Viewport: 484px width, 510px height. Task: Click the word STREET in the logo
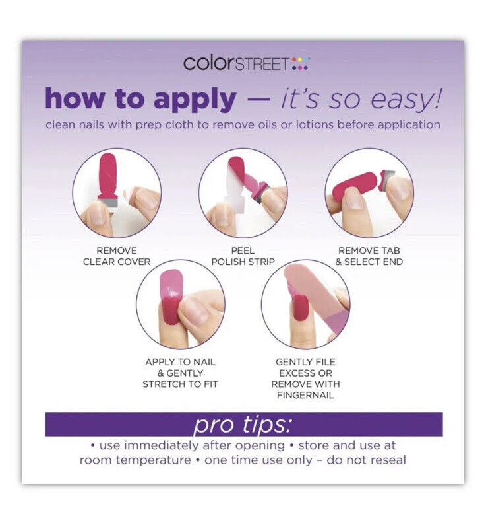pos(261,64)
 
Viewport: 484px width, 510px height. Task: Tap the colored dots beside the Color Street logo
pos(300,63)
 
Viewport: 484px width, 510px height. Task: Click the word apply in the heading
pos(195,99)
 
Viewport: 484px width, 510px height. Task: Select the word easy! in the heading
pos(406,99)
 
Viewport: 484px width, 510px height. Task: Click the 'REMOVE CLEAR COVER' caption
pos(117,256)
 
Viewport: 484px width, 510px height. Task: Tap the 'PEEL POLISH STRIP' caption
pos(243,256)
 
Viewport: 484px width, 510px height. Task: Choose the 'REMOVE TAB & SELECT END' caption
pos(369,256)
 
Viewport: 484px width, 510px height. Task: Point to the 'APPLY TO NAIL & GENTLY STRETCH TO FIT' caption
pos(180,373)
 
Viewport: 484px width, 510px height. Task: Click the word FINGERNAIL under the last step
pos(305,395)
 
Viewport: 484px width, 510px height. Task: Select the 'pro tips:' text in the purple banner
pos(243,425)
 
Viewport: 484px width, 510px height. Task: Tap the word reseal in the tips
pos(387,460)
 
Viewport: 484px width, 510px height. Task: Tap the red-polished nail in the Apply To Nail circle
pos(170,310)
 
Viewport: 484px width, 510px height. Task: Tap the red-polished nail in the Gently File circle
pos(299,309)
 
